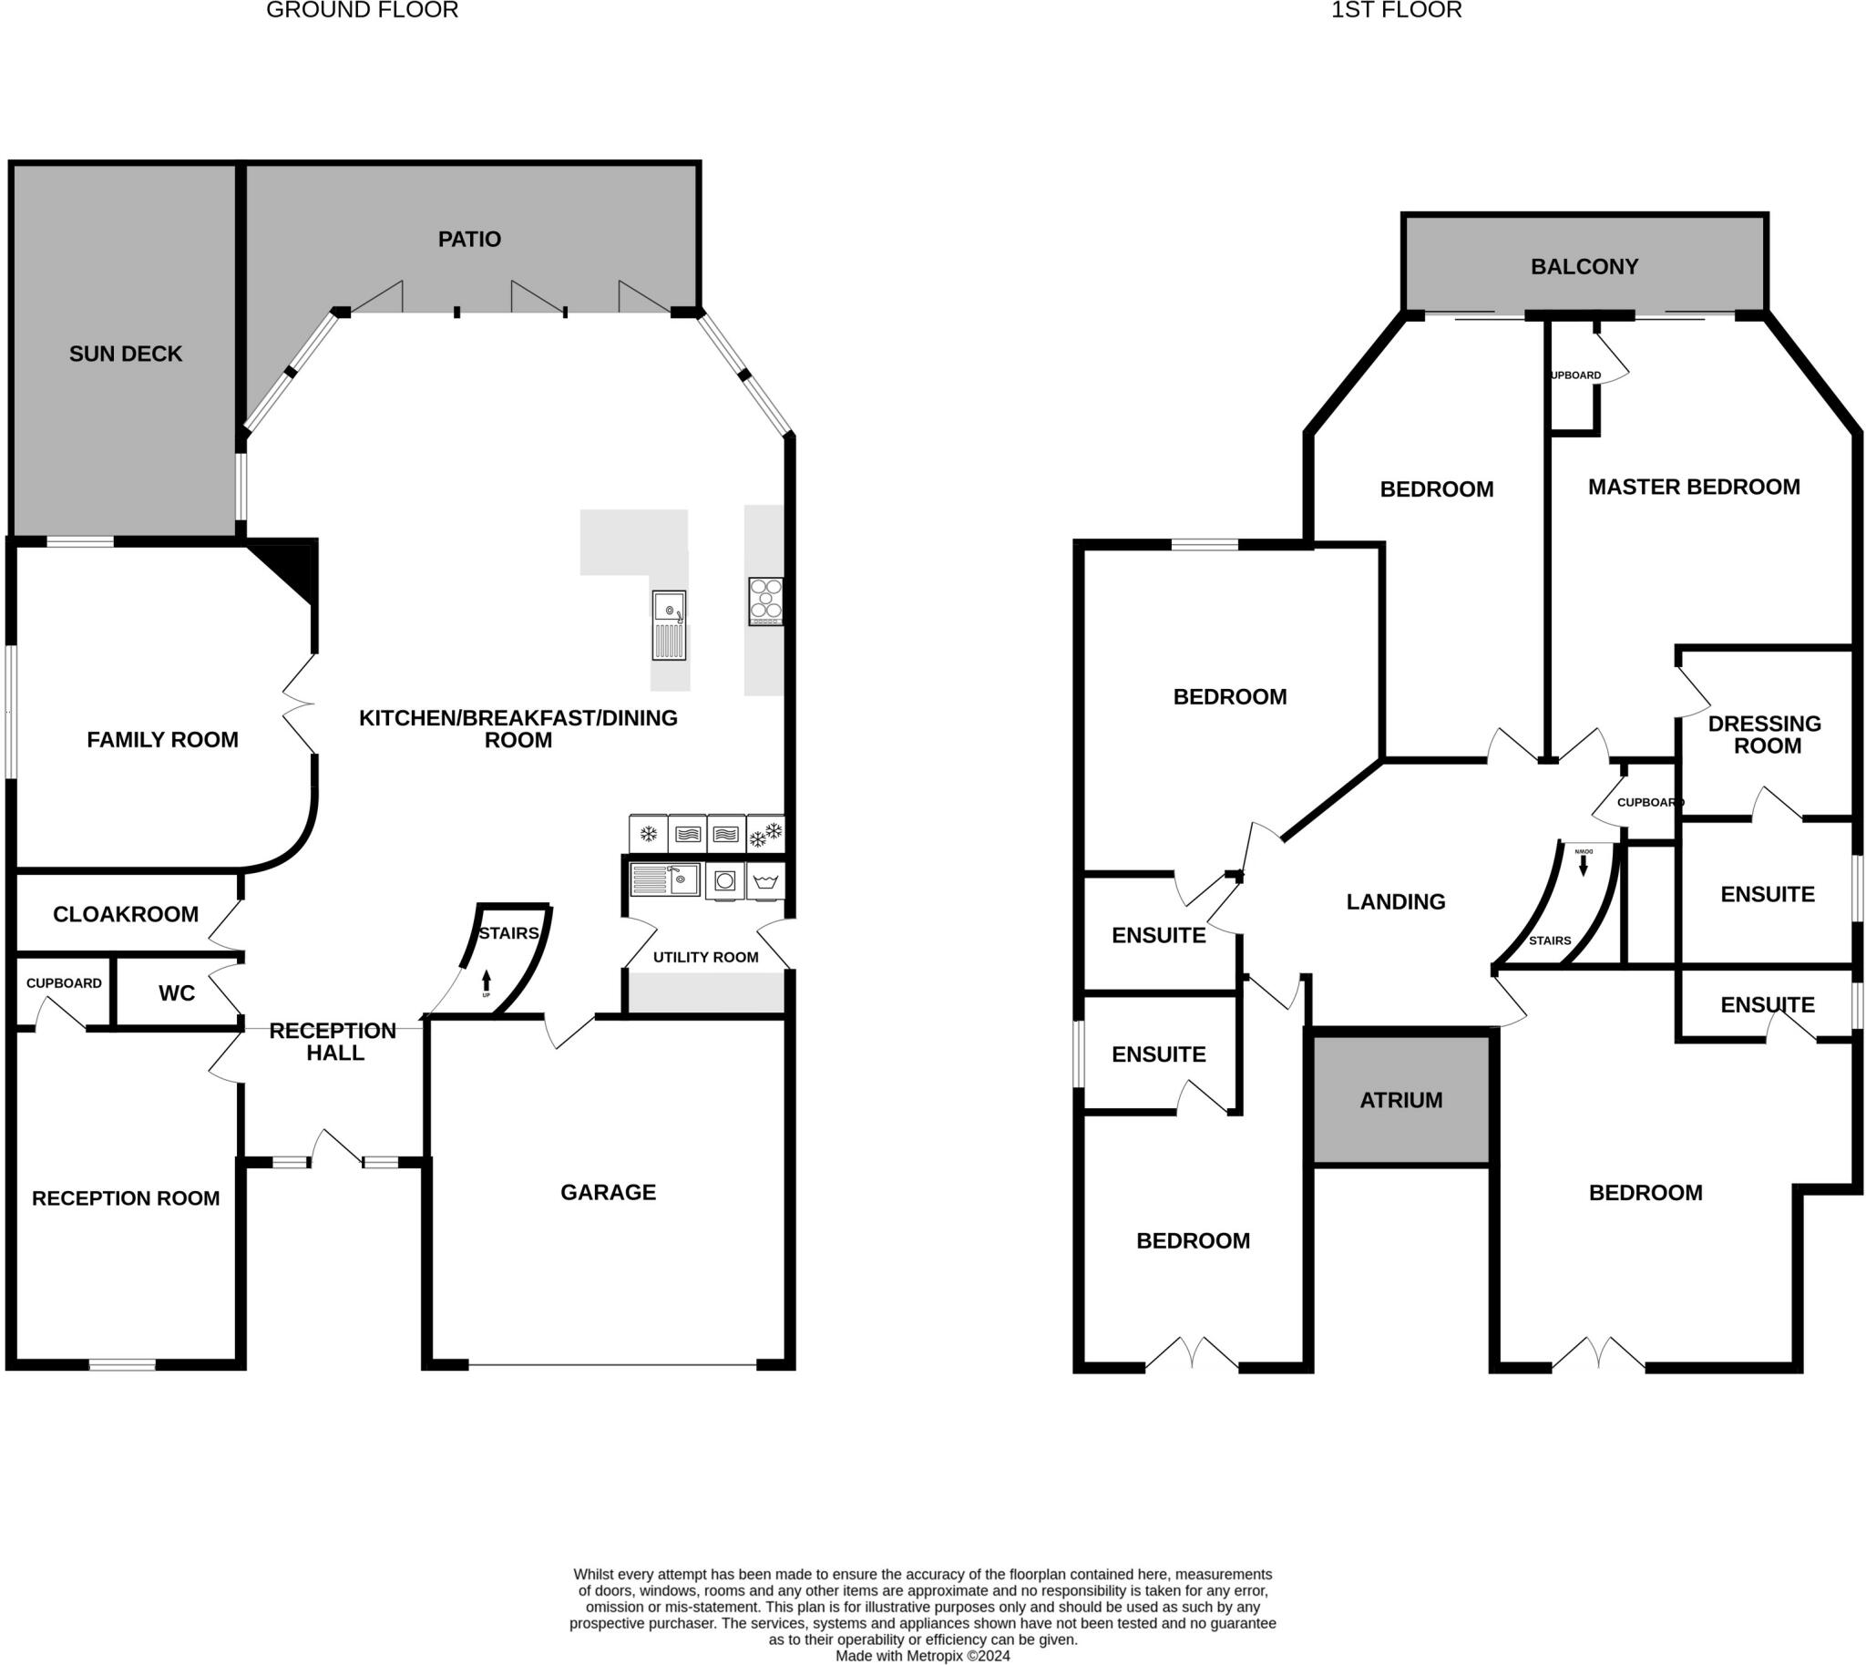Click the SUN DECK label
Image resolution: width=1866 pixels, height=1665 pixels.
(x=126, y=354)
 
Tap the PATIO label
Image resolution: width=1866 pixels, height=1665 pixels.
(x=469, y=240)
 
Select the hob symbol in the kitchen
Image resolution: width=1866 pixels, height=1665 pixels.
(x=765, y=601)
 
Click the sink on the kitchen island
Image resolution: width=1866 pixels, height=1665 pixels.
(x=669, y=625)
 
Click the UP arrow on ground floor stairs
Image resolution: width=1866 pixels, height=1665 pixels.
(x=486, y=982)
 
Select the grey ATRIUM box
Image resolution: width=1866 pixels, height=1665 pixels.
(x=1400, y=1101)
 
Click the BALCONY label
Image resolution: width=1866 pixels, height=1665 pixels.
(x=1584, y=267)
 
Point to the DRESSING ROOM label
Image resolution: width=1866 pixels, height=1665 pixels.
(x=1766, y=735)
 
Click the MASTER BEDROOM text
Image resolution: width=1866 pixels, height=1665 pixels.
(x=1693, y=487)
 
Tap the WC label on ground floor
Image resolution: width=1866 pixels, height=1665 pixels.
(x=177, y=993)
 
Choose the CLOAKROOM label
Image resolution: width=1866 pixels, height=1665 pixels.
(x=126, y=914)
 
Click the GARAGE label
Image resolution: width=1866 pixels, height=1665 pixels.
(x=609, y=1192)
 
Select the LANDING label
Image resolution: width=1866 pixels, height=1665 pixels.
(x=1395, y=902)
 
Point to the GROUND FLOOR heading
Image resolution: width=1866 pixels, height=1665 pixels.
(x=363, y=10)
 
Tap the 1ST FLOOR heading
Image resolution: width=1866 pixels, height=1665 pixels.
(x=1396, y=10)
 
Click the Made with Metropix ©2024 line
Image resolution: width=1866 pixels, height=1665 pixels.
(x=922, y=1656)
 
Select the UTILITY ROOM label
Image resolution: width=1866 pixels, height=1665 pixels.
(x=705, y=957)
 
